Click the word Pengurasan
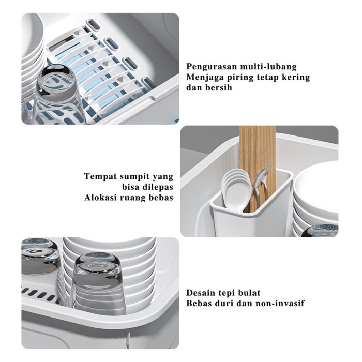(212, 67)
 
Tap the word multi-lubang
(268, 67)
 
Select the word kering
(296, 78)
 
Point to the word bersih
(218, 88)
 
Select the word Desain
(201, 293)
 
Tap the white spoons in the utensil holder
(235, 189)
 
